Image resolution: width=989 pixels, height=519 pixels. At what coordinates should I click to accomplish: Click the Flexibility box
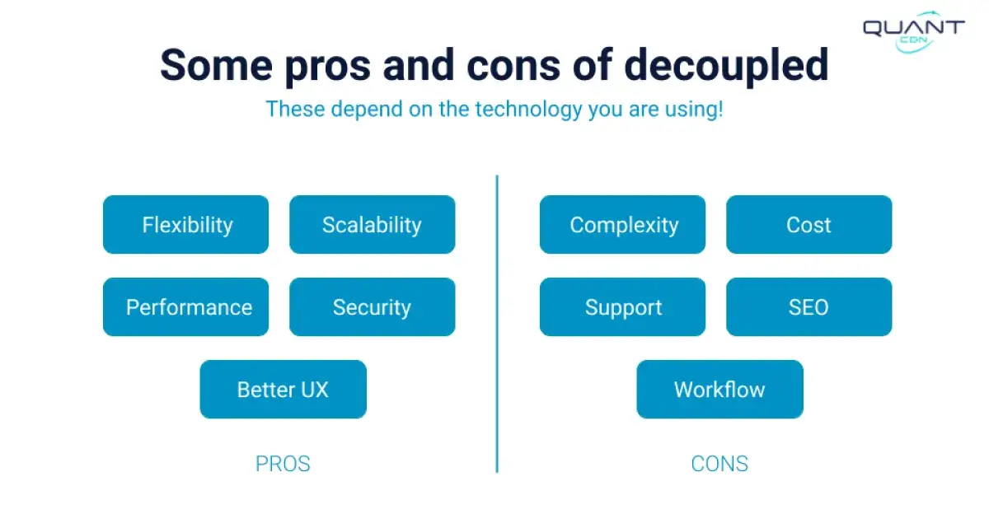pyautogui.click(x=185, y=224)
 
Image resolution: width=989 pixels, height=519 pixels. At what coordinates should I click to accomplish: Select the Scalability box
pyautogui.click(x=372, y=224)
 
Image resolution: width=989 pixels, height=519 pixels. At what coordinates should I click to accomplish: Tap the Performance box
pyautogui.click(x=185, y=306)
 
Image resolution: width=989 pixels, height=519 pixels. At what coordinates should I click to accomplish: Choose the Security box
pyautogui.click(x=372, y=306)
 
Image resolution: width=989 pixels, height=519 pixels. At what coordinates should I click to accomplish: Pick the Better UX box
pyautogui.click(x=283, y=389)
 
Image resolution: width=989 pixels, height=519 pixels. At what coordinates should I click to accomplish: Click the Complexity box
pyautogui.click(x=622, y=224)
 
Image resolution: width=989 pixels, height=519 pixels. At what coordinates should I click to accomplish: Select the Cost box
pyautogui.click(x=809, y=224)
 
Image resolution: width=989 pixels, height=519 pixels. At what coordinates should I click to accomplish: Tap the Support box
pyautogui.click(x=622, y=306)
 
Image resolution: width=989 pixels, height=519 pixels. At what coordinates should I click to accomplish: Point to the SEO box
pyautogui.click(x=809, y=306)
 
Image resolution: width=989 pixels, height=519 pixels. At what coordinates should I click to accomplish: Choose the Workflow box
pyautogui.click(x=719, y=389)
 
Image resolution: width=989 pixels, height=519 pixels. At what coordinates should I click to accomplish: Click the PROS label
pyautogui.click(x=283, y=464)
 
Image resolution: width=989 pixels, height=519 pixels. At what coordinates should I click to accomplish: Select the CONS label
pyautogui.click(x=719, y=464)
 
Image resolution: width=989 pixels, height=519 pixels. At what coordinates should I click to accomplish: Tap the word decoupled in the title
pyautogui.click(x=725, y=66)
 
